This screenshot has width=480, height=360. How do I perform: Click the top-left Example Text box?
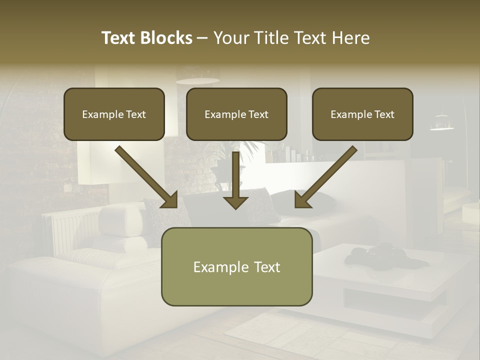(x=114, y=114)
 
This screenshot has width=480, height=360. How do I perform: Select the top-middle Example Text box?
(x=236, y=114)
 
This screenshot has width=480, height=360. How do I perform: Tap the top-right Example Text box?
(x=362, y=114)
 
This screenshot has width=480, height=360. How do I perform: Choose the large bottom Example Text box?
(x=236, y=266)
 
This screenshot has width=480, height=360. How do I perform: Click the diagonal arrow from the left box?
(x=147, y=177)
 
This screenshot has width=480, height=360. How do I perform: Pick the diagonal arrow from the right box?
(x=325, y=177)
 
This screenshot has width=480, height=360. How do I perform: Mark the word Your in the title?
(x=229, y=38)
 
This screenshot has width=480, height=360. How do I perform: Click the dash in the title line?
(x=202, y=38)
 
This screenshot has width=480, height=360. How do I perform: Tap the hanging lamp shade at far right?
(x=442, y=122)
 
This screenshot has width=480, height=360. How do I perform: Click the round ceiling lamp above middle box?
(x=198, y=80)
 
